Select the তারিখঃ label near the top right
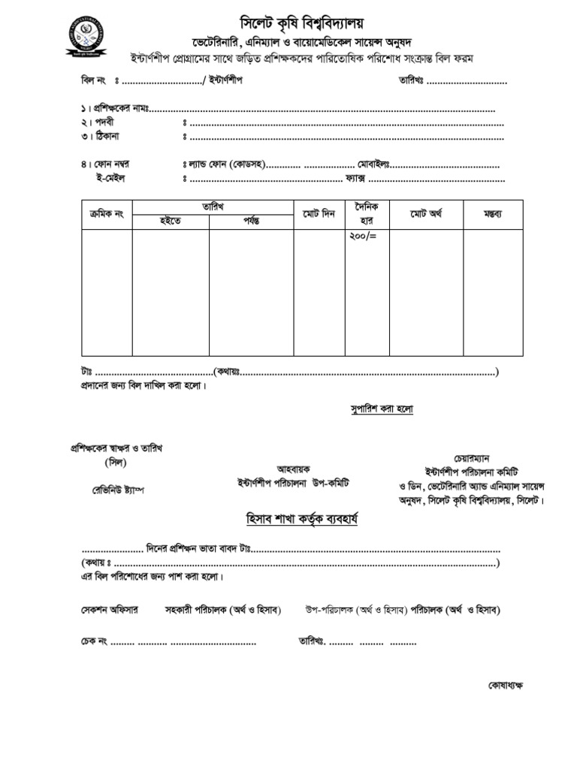click(x=407, y=80)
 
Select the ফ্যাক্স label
click(x=354, y=179)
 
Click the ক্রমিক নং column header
click(x=107, y=215)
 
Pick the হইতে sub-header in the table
click(x=171, y=221)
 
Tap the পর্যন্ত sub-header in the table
click(x=251, y=221)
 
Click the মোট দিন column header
click(x=319, y=215)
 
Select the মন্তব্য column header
click(x=492, y=215)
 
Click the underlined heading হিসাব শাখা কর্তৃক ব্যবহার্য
click(x=302, y=519)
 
